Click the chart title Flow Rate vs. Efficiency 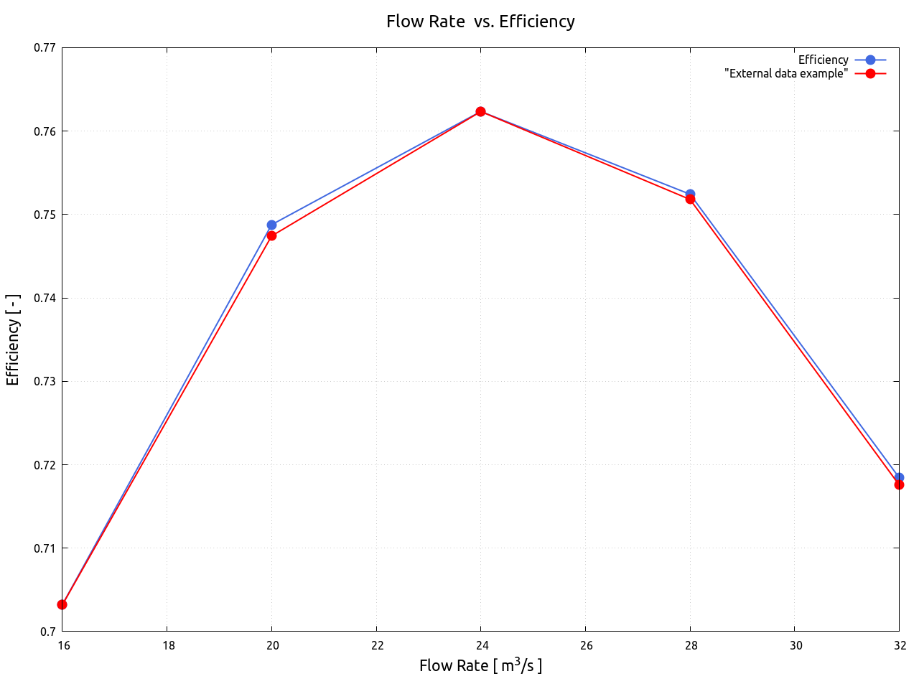(480, 22)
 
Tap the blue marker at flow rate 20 (271, 225)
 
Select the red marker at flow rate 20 (271, 235)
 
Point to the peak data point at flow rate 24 (480, 111)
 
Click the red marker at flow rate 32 (899, 485)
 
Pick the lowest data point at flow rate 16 (62, 604)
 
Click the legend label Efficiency (823, 60)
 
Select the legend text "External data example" (786, 73)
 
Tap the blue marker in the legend (870, 60)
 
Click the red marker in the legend (870, 73)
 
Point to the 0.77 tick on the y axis (45, 48)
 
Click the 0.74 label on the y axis (45, 298)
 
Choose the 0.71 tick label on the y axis (45, 548)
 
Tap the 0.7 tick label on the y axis (49, 632)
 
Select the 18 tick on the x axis (168, 645)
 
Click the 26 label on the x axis (587, 645)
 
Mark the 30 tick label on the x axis (796, 645)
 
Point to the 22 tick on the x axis (378, 645)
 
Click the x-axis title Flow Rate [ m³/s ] (480, 666)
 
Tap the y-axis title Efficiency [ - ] (13, 339)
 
